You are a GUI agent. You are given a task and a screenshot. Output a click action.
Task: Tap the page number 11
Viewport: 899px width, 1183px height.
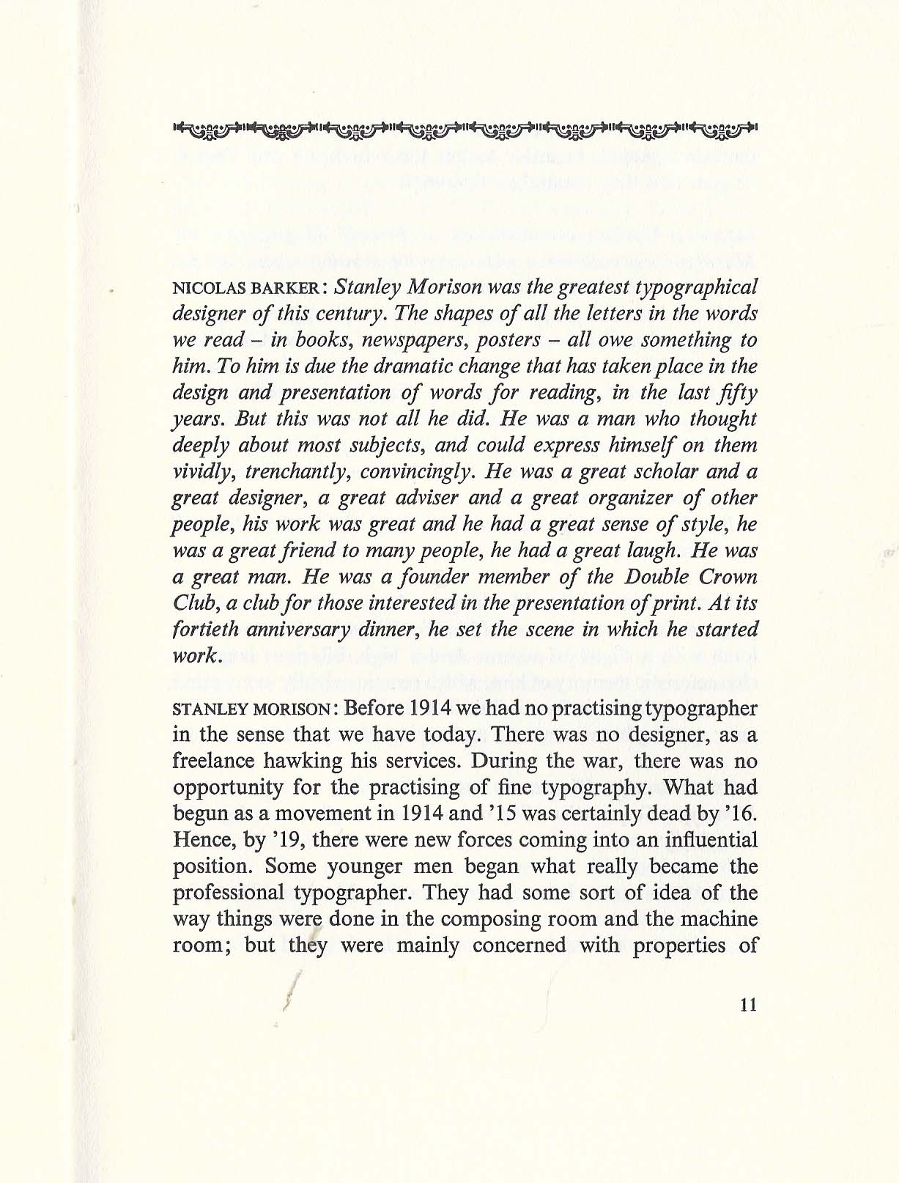(748, 1005)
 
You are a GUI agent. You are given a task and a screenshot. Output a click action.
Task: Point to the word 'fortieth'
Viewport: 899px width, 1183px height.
(204, 629)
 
